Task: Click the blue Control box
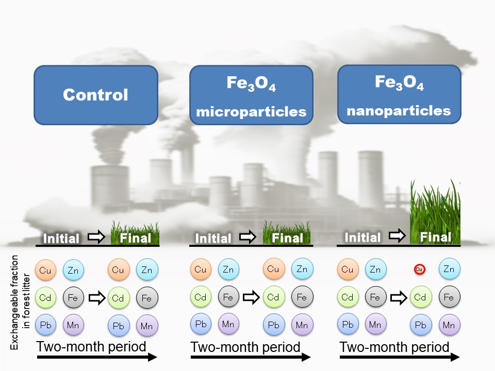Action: [x=95, y=95]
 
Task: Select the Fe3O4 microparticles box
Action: [x=251, y=95]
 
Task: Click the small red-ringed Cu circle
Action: [x=419, y=269]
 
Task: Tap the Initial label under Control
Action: [x=61, y=239]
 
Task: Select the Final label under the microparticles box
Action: [x=287, y=238]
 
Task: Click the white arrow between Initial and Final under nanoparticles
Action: [x=397, y=237]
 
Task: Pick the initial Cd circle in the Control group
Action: [x=45, y=297]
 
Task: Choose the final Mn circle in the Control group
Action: [x=147, y=326]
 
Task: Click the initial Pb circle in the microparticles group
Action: [x=200, y=325]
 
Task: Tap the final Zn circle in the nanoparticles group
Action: [x=449, y=269]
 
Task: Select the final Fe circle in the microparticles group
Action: [x=302, y=297]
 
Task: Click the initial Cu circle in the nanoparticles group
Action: [x=348, y=269]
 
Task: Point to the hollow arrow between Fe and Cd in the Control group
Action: [x=96, y=297]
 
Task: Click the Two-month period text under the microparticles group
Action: [x=245, y=347]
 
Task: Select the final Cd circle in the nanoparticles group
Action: [x=420, y=297]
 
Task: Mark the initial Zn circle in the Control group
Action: [x=73, y=269]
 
